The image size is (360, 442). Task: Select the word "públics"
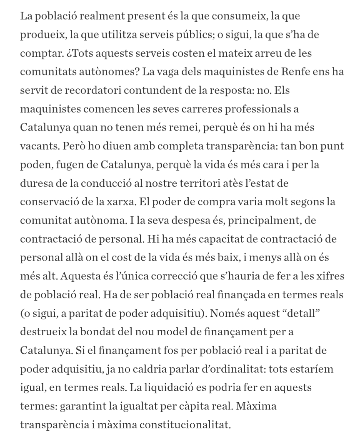(185, 35)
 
